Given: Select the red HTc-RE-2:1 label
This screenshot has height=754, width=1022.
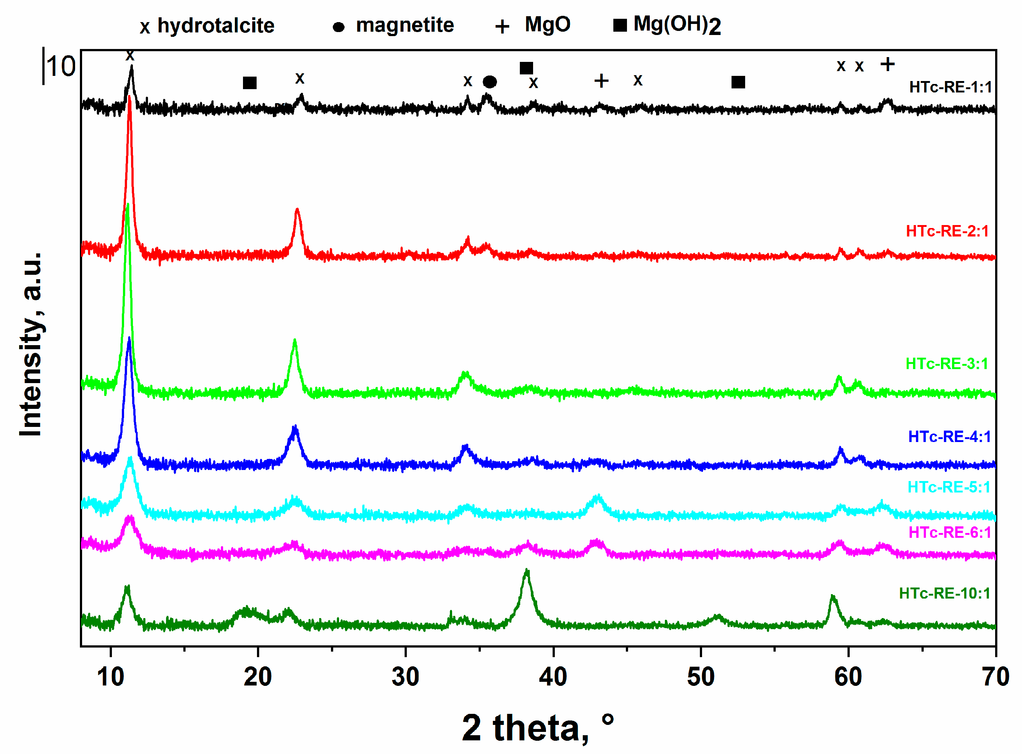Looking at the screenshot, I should [x=947, y=231].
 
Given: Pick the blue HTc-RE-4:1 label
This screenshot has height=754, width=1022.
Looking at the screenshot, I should [x=949, y=436].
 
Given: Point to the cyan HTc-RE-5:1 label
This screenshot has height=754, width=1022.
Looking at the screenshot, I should [x=949, y=487].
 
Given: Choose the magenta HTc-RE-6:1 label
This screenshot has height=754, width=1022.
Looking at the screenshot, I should [x=949, y=532].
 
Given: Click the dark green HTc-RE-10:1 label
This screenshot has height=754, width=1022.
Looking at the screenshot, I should [x=944, y=593].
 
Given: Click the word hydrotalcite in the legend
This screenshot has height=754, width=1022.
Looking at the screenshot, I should [x=216, y=25].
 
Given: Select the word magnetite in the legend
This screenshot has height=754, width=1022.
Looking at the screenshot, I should [x=405, y=25].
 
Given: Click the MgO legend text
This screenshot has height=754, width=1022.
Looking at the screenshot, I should [x=547, y=24].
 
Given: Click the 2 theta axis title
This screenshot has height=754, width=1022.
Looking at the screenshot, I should [x=537, y=727].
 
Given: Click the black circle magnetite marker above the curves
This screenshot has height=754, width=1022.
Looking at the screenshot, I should [x=489, y=82].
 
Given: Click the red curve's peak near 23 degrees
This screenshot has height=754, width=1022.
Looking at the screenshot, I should [x=297, y=210].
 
